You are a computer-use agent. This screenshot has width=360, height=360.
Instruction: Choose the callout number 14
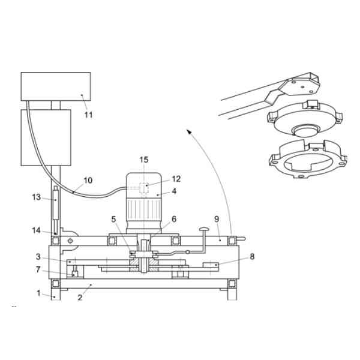click(37, 229)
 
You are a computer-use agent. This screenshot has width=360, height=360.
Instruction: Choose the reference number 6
click(174, 219)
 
